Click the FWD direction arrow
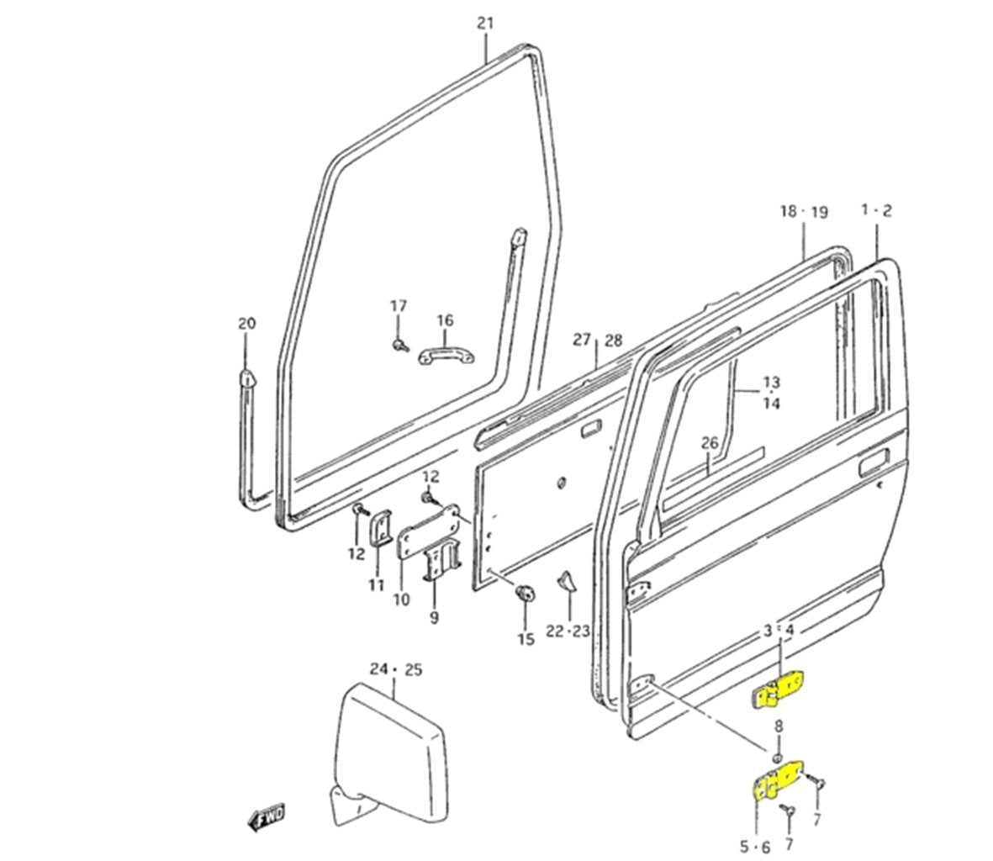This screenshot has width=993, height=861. coord(267,815)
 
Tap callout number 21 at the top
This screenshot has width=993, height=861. coord(485,23)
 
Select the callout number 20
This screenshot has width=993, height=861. coord(246,323)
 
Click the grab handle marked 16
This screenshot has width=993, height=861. coord(446,357)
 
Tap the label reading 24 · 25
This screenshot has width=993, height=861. coord(396,669)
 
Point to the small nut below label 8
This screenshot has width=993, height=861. coord(778,750)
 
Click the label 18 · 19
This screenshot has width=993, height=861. coord(803,211)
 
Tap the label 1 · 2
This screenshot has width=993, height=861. coord(876,210)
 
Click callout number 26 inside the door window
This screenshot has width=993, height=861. coord(709,442)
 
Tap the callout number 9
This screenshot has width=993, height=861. coord(434,618)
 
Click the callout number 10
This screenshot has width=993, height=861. coord(401,600)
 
